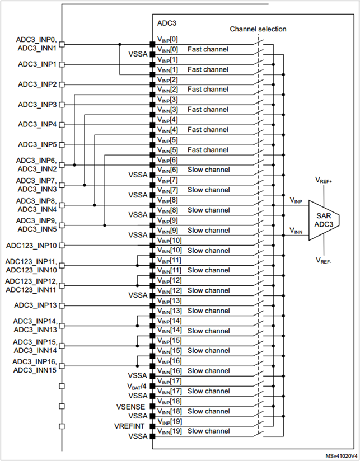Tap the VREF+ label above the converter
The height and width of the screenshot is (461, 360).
tap(325, 181)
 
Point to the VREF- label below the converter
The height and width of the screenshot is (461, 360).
tap(325, 260)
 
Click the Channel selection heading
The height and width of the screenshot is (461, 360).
tap(258, 29)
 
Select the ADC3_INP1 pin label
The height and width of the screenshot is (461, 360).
tap(37, 64)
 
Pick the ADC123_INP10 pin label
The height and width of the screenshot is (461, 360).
tap(32, 245)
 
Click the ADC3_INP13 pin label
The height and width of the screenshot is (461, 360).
tap(36, 305)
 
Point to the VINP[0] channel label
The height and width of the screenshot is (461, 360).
tap(167, 39)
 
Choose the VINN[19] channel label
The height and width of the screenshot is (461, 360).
tap(169, 431)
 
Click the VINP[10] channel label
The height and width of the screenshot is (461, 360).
tap(169, 240)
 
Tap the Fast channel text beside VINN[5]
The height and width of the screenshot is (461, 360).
tap(208, 150)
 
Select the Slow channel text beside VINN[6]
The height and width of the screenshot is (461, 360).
tap(208, 170)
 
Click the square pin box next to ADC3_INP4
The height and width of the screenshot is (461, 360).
tap(62, 125)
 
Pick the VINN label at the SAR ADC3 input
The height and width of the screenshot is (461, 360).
tap(297, 230)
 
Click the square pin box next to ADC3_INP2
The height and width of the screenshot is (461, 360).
tap(62, 84)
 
